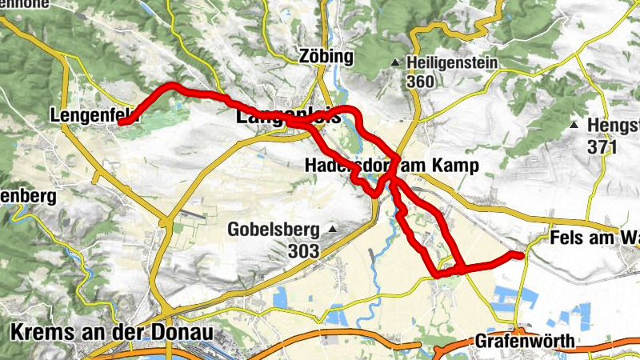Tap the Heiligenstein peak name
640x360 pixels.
452,62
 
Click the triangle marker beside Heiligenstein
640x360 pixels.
394,62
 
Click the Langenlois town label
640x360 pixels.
288,117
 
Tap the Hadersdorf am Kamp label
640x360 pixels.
390,166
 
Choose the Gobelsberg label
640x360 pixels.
273,230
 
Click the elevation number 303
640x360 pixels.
305,251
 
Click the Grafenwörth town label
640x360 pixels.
524,342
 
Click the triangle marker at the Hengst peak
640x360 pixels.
574,125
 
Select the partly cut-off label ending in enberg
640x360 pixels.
27,196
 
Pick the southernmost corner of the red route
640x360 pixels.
437,274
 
